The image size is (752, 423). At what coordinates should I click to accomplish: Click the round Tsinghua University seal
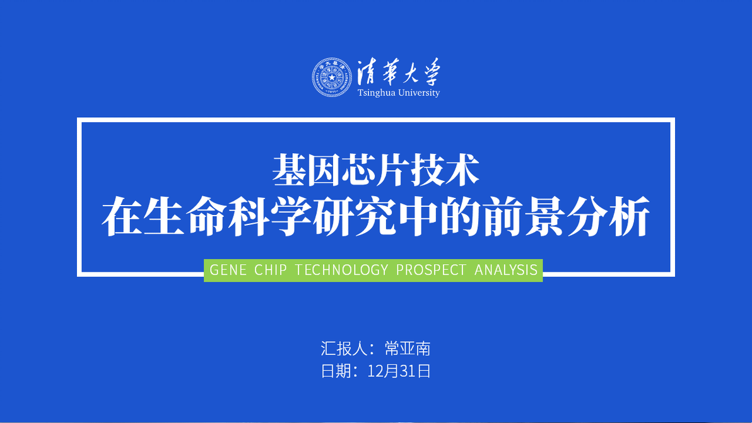tap(331, 77)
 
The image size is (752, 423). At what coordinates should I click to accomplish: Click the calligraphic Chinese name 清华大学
tap(398, 72)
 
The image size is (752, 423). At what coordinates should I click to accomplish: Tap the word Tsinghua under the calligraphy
tap(376, 93)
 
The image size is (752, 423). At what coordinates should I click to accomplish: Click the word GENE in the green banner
tap(228, 270)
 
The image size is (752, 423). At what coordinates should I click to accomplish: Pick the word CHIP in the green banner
tap(271, 270)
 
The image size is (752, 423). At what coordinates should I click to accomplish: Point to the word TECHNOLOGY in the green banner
tap(341, 270)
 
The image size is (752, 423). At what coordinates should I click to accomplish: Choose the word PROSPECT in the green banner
tap(431, 270)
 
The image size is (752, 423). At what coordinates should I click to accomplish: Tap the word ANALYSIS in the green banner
tap(506, 270)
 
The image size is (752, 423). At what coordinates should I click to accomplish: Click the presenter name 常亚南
tap(408, 349)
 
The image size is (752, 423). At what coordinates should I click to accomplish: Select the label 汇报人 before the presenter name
tap(344, 349)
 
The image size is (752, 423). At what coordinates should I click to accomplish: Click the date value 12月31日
tap(399, 371)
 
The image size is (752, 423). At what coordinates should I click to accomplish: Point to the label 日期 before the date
tap(336, 371)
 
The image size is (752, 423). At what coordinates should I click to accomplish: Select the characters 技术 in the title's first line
tap(445, 170)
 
